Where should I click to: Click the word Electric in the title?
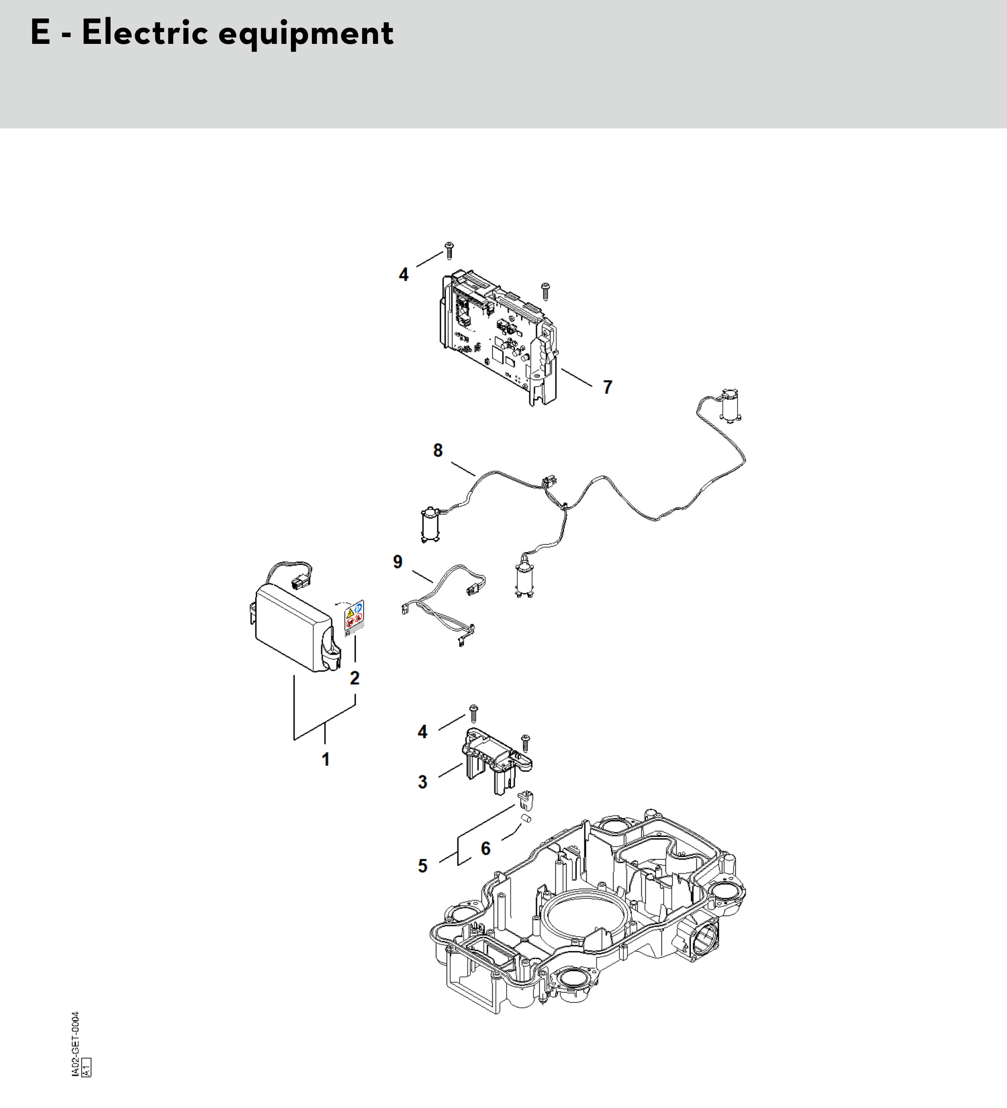[145, 33]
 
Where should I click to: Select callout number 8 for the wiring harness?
[437, 450]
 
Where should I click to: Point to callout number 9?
[398, 562]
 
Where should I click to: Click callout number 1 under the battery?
[326, 760]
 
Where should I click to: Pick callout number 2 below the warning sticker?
[355, 678]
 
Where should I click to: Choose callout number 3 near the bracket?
[422, 782]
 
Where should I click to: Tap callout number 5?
[422, 866]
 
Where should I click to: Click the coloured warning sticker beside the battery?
[354, 618]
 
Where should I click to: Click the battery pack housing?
[293, 627]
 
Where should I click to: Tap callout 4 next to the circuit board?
[404, 274]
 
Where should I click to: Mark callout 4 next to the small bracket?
[422, 732]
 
